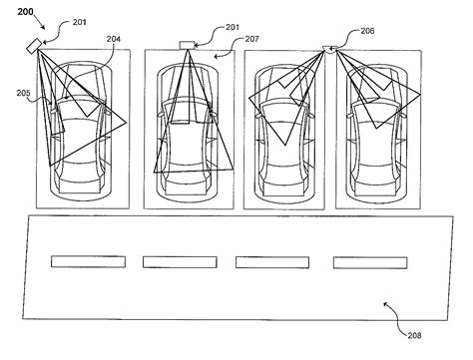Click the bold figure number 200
(x=25, y=12)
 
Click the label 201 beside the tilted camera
(x=80, y=22)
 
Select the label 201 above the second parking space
(x=233, y=27)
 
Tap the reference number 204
(x=114, y=39)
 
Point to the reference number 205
(x=24, y=93)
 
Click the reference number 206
(x=367, y=31)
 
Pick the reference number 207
(x=251, y=39)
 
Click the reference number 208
(x=414, y=335)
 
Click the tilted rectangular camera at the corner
(x=34, y=46)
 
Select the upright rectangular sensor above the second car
(x=187, y=45)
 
